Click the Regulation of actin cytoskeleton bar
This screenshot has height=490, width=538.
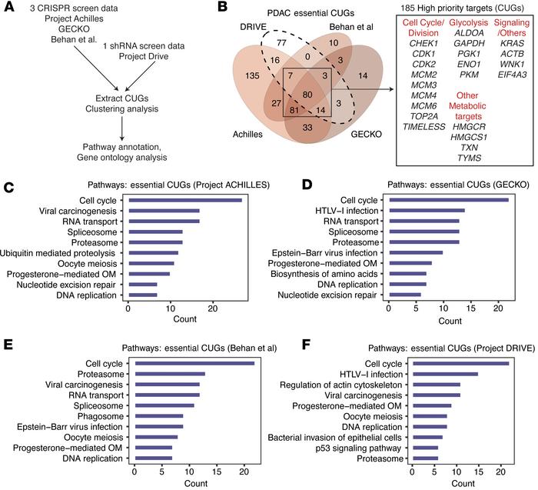point(436,385)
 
